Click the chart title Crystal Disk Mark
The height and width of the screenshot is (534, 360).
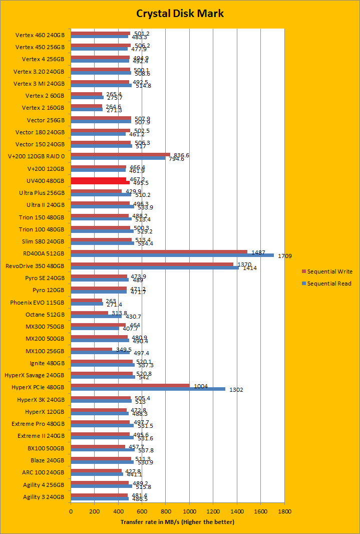tap(180, 14)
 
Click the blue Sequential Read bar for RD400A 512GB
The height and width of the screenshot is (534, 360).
tap(172, 255)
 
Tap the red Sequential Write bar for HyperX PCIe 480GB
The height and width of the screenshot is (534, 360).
tap(130, 386)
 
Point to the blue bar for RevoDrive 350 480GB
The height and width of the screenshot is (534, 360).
tap(155, 268)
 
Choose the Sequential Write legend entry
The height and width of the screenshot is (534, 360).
tap(329, 272)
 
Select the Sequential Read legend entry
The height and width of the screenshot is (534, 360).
tap(329, 284)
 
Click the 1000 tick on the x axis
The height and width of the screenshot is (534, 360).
tap(189, 512)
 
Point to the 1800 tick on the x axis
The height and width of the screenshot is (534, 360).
tap(284, 512)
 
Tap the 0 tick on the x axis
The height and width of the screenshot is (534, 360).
tap(71, 512)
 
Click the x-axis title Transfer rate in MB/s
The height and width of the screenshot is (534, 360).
tap(177, 522)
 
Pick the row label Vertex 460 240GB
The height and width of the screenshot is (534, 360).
tap(40, 36)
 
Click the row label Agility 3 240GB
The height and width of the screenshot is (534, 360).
tap(44, 497)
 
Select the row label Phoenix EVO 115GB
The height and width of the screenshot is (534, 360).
tap(38, 303)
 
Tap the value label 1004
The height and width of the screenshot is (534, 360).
tap(200, 386)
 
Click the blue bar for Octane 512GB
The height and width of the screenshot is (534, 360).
tap(96, 316)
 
